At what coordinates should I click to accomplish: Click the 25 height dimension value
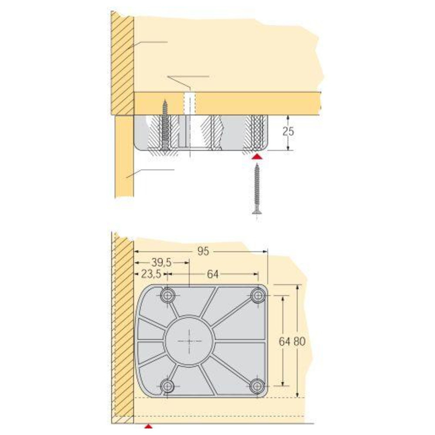tap(288, 131)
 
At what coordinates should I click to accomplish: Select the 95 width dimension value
tap(203, 251)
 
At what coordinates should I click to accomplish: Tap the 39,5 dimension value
tap(161, 262)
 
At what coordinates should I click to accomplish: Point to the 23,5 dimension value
tap(151, 274)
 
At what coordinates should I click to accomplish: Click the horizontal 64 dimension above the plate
tap(213, 274)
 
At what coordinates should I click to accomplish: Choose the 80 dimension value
tap(300, 341)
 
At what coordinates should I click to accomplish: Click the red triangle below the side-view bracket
tap(257, 157)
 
